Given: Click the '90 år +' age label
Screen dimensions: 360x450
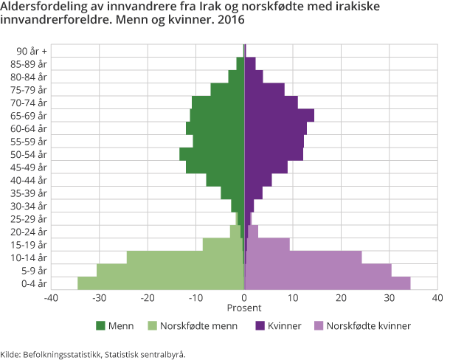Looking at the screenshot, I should point(31,51).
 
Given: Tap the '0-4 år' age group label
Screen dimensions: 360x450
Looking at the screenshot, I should point(33,283).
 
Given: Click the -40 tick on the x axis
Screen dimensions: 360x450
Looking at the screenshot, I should point(51,298).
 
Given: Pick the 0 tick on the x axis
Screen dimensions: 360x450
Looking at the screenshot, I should point(244,298).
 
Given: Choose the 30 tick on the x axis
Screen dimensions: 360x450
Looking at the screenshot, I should point(390,298).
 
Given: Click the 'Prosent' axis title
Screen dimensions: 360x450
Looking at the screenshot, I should point(244,308).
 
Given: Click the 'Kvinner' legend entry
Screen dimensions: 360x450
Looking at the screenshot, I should point(281,325).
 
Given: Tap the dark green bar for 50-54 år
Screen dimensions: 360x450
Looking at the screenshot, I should point(212,154).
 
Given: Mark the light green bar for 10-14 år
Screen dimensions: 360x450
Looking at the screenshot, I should point(184,257).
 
